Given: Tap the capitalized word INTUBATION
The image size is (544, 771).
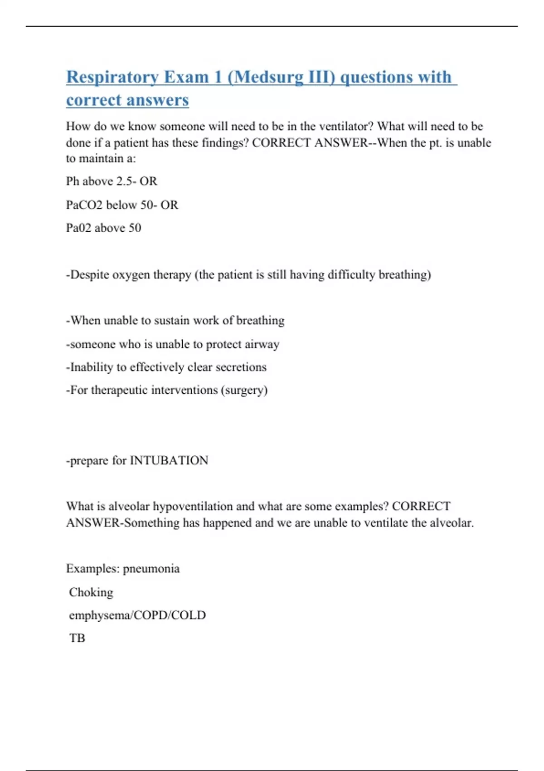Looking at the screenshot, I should pyautogui.click(x=169, y=460).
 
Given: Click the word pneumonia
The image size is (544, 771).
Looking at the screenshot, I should pyautogui.click(x=151, y=569).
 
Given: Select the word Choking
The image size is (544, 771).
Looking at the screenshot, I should pyautogui.click(x=91, y=592).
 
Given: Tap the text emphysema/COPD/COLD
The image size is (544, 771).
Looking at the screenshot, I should pyautogui.click(x=137, y=615).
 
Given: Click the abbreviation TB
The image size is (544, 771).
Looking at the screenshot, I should pyautogui.click(x=77, y=638).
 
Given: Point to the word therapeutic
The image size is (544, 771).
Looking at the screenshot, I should pyautogui.click(x=119, y=390).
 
